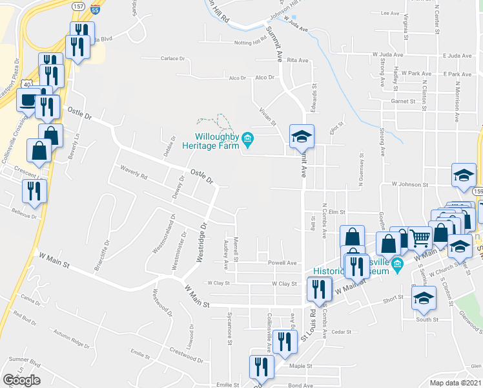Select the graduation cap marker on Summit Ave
click(302, 136)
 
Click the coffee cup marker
click(26, 100)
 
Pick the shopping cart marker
click(420, 239)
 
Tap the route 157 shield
click(78, 6)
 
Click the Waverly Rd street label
click(134, 172)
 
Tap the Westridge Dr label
click(203, 242)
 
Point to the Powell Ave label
click(283, 263)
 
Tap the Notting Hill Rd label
click(251, 43)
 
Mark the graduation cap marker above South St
click(424, 297)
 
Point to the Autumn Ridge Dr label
click(71, 337)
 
